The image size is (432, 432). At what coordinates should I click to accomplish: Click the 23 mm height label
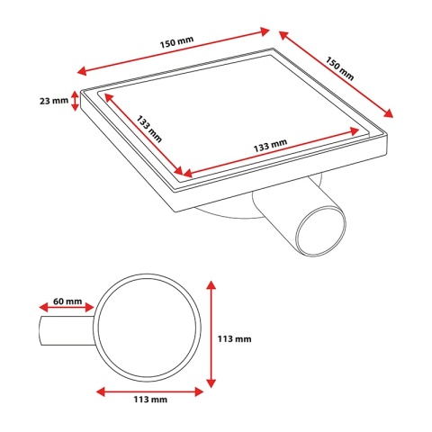tap(54, 101)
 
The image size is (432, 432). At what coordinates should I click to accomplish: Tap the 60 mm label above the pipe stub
tap(67, 301)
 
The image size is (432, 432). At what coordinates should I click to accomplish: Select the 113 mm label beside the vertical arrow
tap(234, 338)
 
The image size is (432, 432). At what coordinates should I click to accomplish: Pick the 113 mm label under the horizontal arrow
tap(150, 400)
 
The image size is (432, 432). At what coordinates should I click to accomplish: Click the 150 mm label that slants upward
tap(176, 42)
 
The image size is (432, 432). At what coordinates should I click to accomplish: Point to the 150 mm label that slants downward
tap(340, 68)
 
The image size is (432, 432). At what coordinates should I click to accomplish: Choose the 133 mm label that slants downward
tap(149, 129)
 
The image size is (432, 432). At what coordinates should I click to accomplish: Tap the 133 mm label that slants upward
tap(270, 146)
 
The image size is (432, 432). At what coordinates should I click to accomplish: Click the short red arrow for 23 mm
tap(75, 101)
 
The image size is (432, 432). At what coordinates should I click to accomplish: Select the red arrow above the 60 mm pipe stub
tap(67, 307)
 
